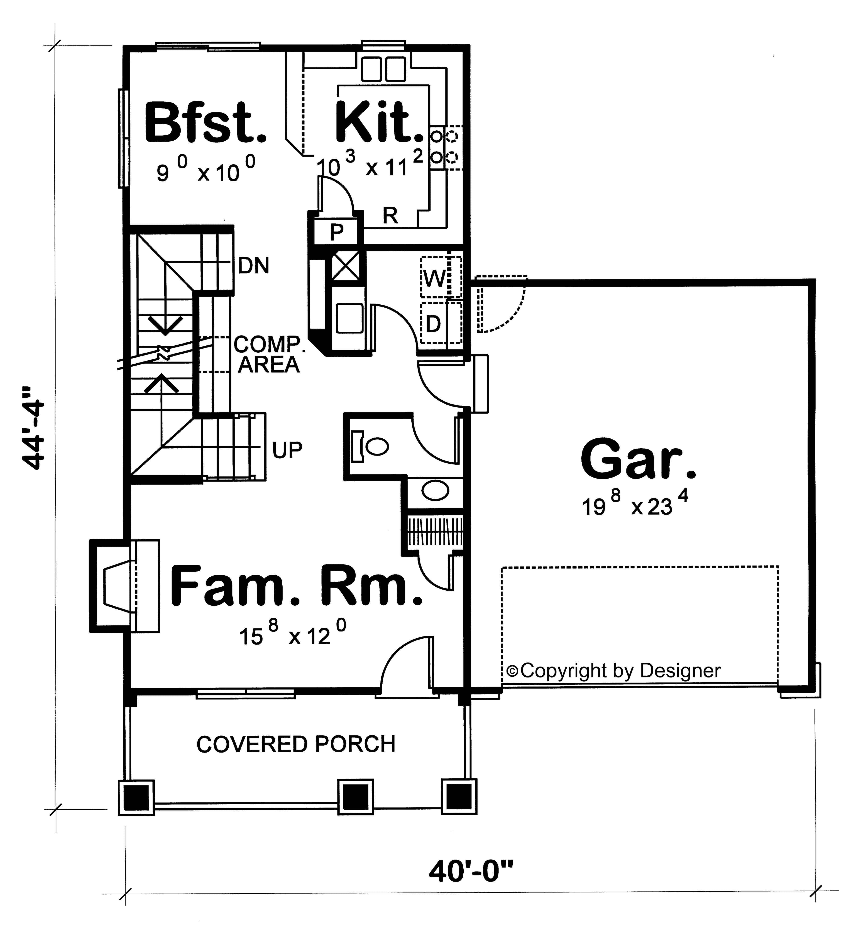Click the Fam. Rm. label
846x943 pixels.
296,586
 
